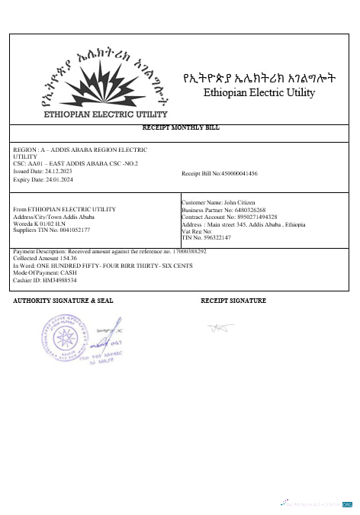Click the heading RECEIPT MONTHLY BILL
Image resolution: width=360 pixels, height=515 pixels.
[x=181, y=127]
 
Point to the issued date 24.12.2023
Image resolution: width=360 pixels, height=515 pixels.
[x=56, y=171]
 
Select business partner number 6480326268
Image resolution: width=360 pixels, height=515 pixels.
[x=246, y=209]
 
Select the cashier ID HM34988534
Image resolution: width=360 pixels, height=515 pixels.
[x=57, y=280]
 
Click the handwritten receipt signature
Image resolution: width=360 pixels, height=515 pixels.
[x=218, y=328]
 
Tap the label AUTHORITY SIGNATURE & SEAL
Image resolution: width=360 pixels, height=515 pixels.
[x=63, y=301]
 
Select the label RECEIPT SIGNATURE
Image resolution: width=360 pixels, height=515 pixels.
[x=233, y=301]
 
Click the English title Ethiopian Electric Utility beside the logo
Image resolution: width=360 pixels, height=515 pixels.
[x=259, y=93]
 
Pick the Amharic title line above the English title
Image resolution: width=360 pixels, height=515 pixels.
[x=259, y=78]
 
